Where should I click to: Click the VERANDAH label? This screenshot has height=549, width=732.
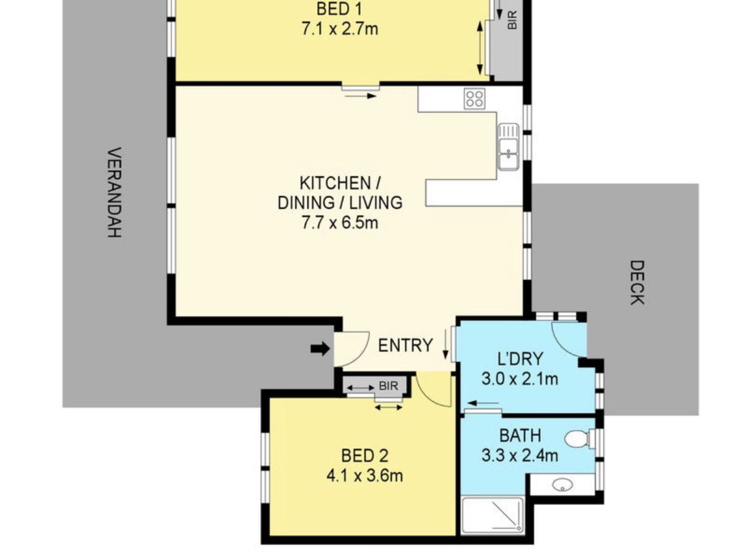(114, 192)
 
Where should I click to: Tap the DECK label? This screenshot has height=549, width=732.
(637, 282)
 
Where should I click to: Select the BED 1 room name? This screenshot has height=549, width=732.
(339, 9)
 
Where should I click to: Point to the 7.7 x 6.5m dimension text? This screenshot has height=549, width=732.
(340, 223)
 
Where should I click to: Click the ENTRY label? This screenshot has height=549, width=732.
(405, 345)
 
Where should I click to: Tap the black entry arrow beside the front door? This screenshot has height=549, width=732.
(320, 349)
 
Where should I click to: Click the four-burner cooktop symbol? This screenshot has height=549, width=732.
(475, 98)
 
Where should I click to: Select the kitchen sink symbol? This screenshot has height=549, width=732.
(509, 146)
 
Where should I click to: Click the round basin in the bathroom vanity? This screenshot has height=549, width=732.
(562, 485)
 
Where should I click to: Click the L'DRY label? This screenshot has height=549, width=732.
(520, 359)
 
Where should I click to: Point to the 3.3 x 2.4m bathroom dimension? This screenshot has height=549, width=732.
(520, 456)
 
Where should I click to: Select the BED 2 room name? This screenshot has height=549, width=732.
(365, 456)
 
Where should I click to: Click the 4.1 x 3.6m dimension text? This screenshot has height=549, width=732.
(365, 476)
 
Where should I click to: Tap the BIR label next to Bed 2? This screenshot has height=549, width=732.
(388, 386)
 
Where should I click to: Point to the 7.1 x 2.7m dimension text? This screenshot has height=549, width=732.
(340, 29)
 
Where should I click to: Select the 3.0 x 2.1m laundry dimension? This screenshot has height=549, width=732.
(520, 379)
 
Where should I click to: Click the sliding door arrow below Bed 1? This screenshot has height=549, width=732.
(361, 96)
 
